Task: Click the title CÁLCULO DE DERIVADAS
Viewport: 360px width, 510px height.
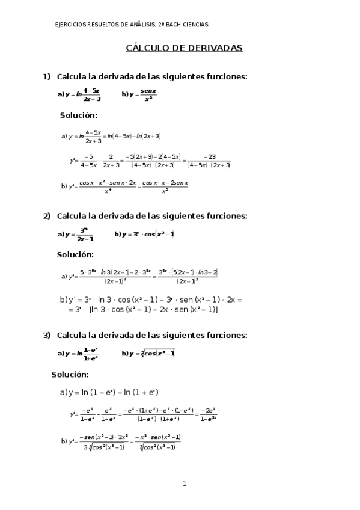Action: pyautogui.click(x=184, y=48)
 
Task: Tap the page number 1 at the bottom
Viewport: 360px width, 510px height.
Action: pyautogui.click(x=185, y=483)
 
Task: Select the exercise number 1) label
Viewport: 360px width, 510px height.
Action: pyautogui.click(x=46, y=76)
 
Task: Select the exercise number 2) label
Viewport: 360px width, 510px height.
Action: pyautogui.click(x=46, y=216)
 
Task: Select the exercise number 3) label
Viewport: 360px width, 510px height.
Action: pyautogui.click(x=46, y=335)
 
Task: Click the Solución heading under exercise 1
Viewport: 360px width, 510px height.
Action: pyautogui.click(x=78, y=115)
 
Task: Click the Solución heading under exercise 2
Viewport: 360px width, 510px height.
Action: pyautogui.click(x=75, y=254)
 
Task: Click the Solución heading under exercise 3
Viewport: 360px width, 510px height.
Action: pyautogui.click(x=70, y=374)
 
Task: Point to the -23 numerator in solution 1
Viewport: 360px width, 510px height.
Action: pyautogui.click(x=209, y=156)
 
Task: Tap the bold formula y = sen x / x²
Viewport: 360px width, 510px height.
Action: pyautogui.click(x=141, y=94)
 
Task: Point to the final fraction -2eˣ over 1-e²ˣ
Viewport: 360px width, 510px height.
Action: pyautogui.click(x=208, y=414)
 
